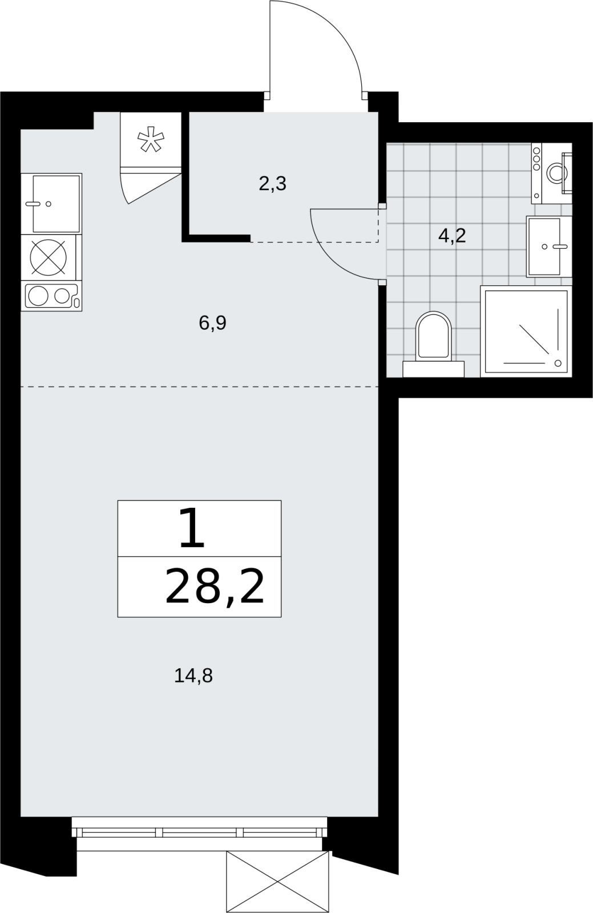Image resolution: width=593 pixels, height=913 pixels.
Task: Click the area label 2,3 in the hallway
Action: point(272,184)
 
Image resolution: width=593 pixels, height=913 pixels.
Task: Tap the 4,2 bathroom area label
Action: point(452,236)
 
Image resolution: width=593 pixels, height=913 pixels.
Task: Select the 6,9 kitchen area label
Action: point(212,323)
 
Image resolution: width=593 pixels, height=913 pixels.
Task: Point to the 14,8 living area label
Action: point(193,676)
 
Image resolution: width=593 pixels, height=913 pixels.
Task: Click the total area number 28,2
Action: point(215,587)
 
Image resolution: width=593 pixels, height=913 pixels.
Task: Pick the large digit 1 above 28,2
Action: point(192,527)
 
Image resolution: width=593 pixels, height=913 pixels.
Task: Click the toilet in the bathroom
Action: point(433,336)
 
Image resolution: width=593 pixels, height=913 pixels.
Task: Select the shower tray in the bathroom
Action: point(526,332)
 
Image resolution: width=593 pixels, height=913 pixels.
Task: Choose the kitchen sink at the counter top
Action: point(51,204)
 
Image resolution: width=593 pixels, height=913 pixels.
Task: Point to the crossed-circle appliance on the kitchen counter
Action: point(48,257)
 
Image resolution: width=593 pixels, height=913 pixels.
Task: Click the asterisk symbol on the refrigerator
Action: point(150,139)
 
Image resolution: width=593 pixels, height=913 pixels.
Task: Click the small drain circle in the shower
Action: point(558,363)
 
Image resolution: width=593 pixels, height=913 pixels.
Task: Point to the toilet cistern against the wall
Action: point(433,369)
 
